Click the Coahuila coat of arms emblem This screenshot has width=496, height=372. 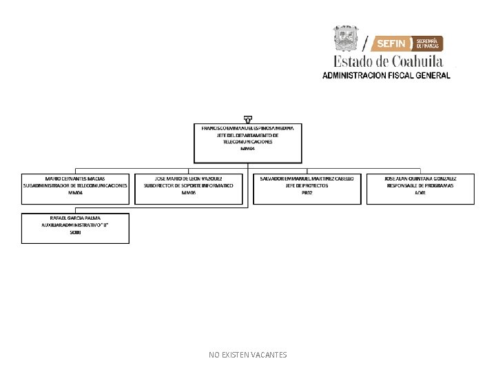tap(347, 39)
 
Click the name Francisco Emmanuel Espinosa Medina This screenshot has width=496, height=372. tap(247, 128)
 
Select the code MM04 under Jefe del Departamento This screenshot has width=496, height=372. tap(247, 149)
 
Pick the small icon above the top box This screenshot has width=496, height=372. tap(247, 119)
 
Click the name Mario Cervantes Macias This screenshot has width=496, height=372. tap(75, 178)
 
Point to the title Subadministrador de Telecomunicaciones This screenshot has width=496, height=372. tap(75, 185)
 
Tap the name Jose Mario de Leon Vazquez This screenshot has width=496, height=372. tap(189, 178)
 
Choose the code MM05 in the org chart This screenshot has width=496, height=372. tap(189, 193)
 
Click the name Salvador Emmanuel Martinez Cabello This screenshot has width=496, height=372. tap(307, 178)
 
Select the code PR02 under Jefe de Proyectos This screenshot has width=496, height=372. tap(307, 193)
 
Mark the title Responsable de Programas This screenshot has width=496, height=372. tap(420, 185)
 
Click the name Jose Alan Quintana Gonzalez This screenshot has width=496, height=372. tap(420, 178)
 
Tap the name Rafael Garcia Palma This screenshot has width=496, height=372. tap(75, 218)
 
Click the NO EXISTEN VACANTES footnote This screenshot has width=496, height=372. tap(248, 355)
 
